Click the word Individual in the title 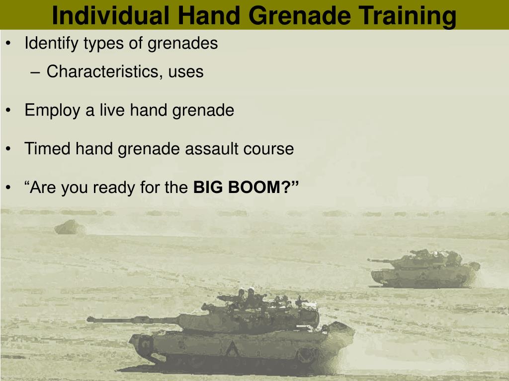tap(110, 15)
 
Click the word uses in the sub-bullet tap(186, 72)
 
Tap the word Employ tap(52, 111)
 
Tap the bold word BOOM tap(254, 187)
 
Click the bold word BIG tap(208, 187)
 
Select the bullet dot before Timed tap(8, 149)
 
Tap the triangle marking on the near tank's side tap(232, 350)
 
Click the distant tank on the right tap(424, 268)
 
